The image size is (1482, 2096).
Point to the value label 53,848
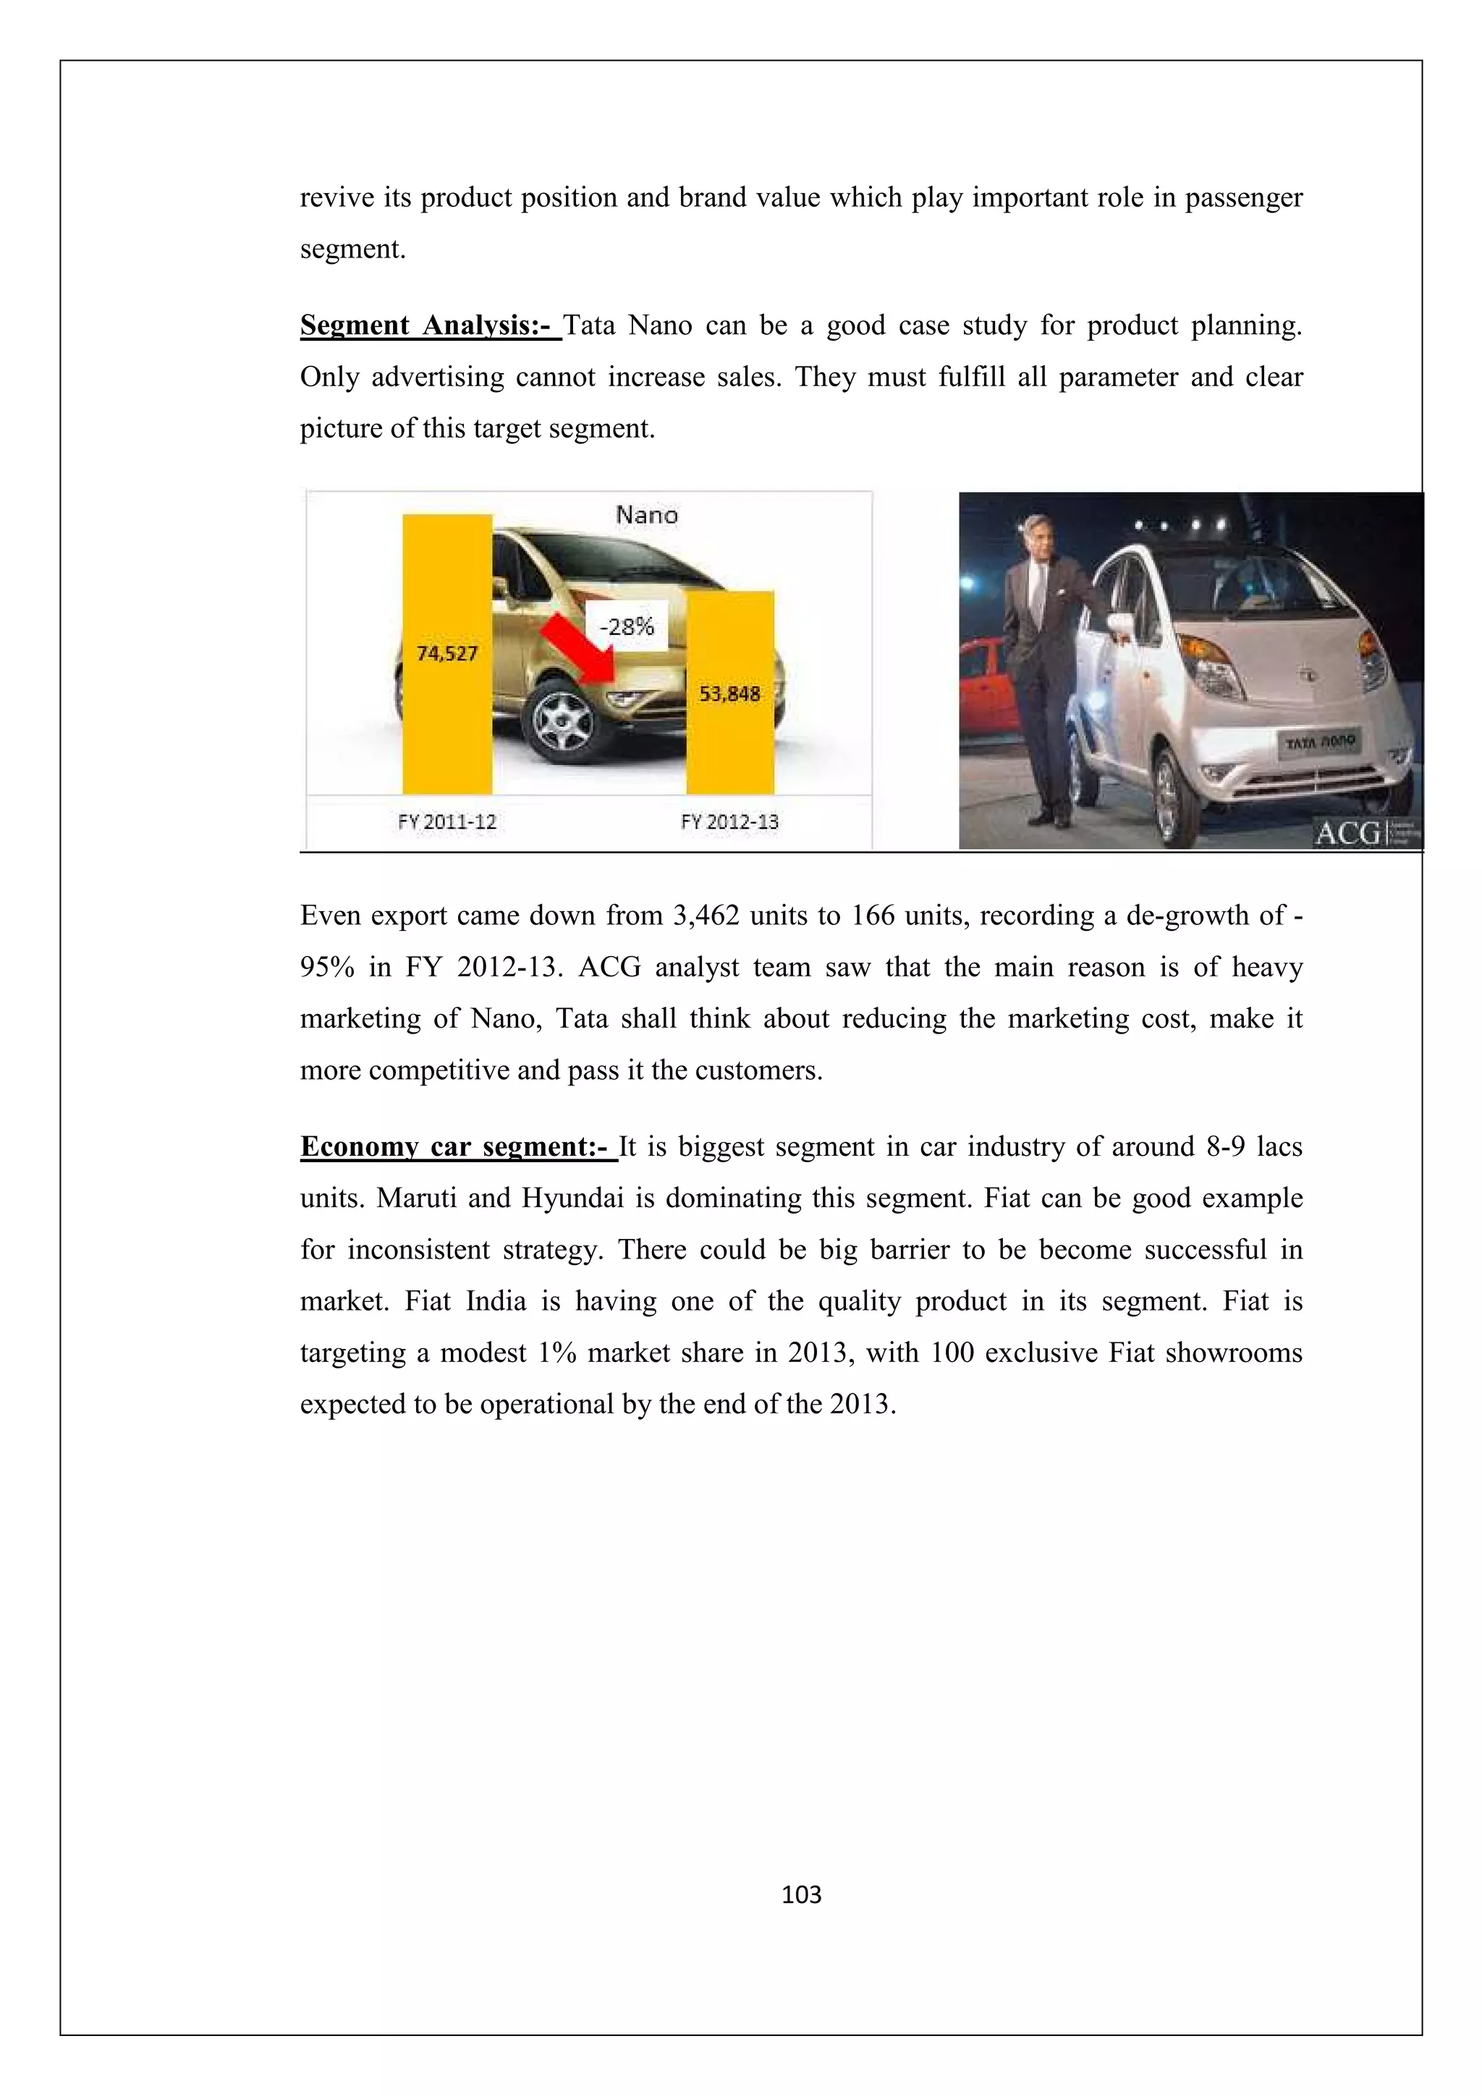pos(729,694)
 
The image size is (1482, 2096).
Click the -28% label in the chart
pos(627,626)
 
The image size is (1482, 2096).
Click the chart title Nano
pos(646,515)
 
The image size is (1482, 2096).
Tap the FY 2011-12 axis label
pos(446,822)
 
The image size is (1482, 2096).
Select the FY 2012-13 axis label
pos(729,822)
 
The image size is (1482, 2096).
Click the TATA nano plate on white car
pos(1321,741)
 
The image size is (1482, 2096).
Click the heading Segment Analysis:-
pos(429,326)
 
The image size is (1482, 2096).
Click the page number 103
pos(801,1895)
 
